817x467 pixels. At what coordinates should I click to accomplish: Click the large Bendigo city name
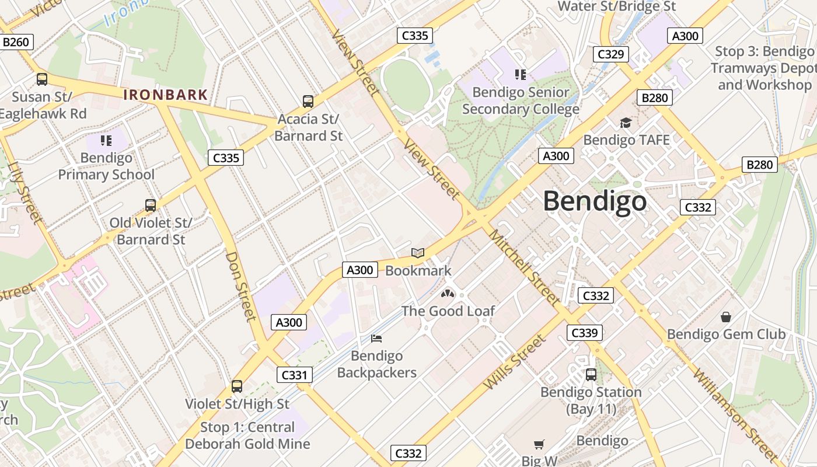(595, 201)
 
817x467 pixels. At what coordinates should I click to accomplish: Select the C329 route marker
(610, 54)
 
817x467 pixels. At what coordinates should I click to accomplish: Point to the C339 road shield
(584, 333)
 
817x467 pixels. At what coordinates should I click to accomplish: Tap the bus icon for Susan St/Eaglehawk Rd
(42, 79)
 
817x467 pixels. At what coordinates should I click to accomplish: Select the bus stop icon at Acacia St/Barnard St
(308, 102)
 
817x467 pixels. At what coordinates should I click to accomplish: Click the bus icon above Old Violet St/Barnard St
(151, 205)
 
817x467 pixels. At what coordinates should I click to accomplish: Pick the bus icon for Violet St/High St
(237, 386)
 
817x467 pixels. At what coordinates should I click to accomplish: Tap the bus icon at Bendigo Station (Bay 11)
(591, 374)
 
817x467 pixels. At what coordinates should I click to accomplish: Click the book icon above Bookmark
(418, 253)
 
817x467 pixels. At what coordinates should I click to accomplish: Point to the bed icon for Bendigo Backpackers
(377, 338)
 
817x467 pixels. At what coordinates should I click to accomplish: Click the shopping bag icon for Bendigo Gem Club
(726, 317)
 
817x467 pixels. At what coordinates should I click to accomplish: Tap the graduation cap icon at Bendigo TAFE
(626, 123)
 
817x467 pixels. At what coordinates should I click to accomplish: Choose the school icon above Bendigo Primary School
(106, 140)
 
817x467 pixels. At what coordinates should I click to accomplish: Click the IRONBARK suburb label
(166, 95)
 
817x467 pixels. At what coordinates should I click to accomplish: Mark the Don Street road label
(241, 286)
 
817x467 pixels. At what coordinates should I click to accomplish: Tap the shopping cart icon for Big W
(539, 445)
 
